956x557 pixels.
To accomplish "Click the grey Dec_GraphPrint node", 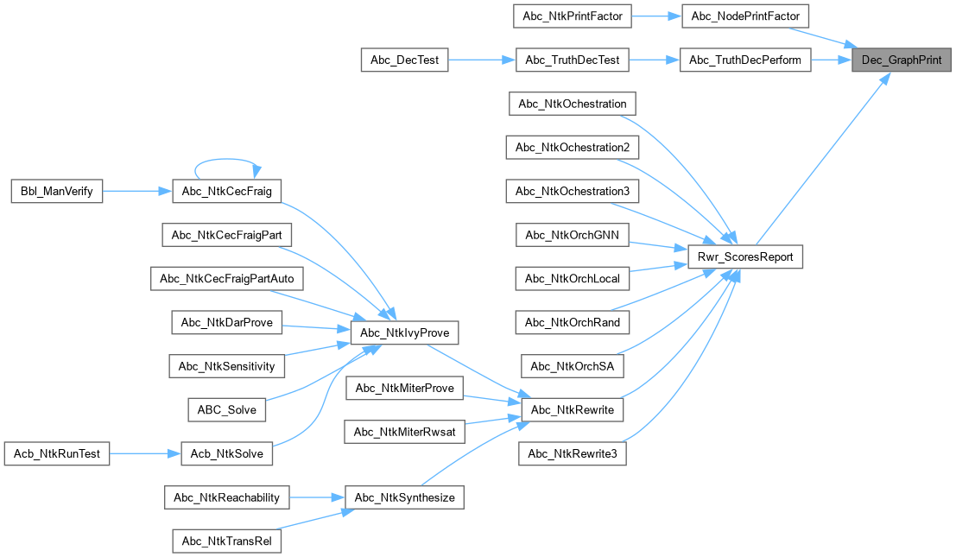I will [902, 60].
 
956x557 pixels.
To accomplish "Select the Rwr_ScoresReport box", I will [745, 256].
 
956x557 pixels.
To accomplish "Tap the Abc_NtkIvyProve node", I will [404, 332].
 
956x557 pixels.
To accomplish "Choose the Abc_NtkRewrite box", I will [573, 409].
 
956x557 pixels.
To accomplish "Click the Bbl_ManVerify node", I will [56, 191].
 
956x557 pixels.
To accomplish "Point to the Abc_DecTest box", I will [404, 60].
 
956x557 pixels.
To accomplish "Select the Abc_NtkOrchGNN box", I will [573, 234].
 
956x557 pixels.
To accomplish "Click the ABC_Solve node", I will [227, 409].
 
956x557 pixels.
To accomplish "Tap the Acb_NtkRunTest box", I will [58, 453].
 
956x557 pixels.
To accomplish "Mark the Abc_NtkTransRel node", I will [227, 541].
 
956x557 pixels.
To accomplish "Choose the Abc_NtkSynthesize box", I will [404, 497].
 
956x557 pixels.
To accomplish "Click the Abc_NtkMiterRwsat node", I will [404, 432].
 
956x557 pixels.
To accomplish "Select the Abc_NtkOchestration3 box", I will [573, 191].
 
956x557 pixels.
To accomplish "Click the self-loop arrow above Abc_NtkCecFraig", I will [227, 161].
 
